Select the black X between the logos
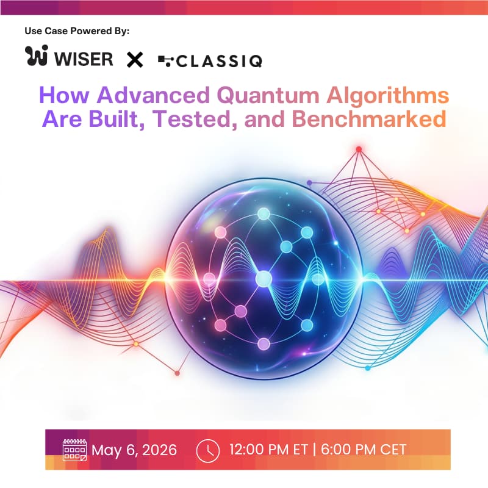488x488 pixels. pos(134,59)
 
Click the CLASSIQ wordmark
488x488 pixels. pos(217,60)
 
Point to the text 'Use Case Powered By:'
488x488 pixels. pos(77,30)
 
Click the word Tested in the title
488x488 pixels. pos(205,119)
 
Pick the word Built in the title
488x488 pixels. pos(128,119)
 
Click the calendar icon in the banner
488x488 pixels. pos(74,450)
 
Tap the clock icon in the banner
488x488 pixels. pos(207,450)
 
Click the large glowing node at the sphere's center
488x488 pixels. pos(264,279)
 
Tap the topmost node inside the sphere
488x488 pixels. pos(264,213)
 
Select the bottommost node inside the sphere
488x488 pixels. pos(264,344)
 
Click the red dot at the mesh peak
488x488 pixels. pos(359,149)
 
